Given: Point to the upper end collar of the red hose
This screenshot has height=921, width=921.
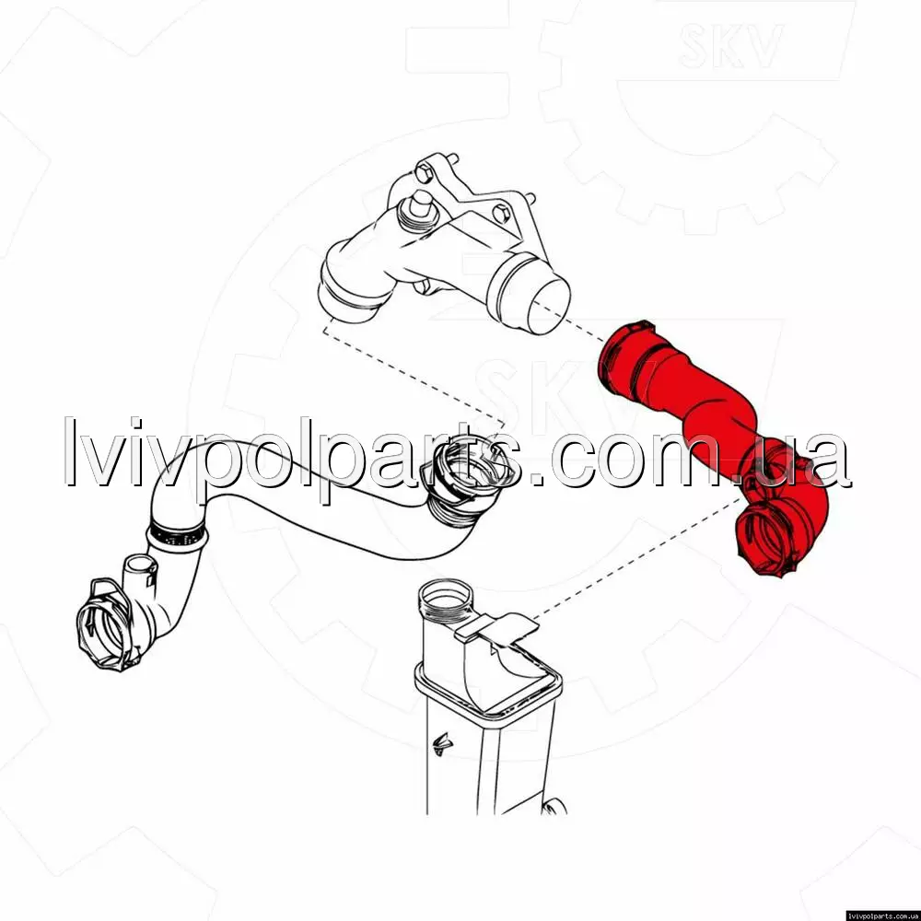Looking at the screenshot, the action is point(622,358).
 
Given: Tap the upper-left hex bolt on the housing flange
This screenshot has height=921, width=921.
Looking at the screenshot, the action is point(424,172).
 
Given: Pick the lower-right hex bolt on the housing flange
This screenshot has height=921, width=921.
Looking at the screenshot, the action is point(501,214).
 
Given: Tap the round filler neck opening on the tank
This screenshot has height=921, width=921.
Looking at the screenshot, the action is point(447,600).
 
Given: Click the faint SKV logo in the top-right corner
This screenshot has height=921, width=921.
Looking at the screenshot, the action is point(730,45).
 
